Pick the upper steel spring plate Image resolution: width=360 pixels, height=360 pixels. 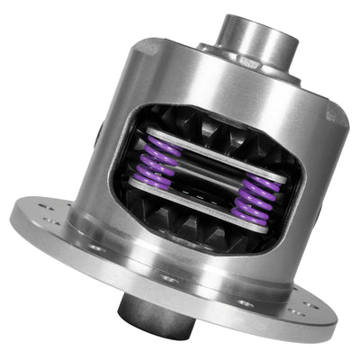[x=211, y=158]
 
